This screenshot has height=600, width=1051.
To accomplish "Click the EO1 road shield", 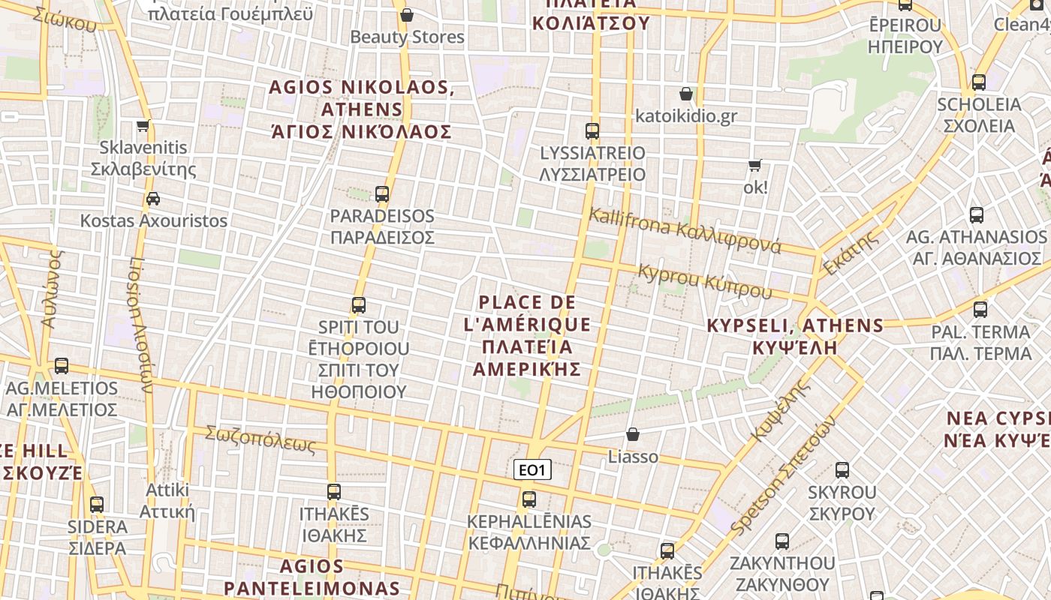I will [532, 470].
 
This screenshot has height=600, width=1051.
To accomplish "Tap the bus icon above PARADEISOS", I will [382, 194].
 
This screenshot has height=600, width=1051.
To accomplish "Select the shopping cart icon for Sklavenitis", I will [143, 125].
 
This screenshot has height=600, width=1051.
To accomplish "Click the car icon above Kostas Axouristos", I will [153, 199].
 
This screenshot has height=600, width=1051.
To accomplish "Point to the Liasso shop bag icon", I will [633, 434].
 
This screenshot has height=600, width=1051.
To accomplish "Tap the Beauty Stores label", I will [408, 37].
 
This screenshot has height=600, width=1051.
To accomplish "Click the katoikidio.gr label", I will [686, 116].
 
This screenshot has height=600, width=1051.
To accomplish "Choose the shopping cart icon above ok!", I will [754, 165].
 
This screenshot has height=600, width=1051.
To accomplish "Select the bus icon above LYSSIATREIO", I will [592, 131].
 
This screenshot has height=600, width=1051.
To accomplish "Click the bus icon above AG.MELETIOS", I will [62, 366].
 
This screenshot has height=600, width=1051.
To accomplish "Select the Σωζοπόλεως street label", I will [260, 439].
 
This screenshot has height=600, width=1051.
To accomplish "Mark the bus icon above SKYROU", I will [842, 470].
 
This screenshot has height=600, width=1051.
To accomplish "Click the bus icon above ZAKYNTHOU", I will [782, 541].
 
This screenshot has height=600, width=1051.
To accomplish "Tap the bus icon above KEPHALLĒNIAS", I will [529, 499].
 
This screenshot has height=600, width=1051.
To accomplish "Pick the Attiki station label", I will [167, 501].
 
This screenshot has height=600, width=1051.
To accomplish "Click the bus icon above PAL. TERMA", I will [980, 309].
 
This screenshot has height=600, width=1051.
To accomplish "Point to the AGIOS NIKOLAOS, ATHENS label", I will [361, 109].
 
